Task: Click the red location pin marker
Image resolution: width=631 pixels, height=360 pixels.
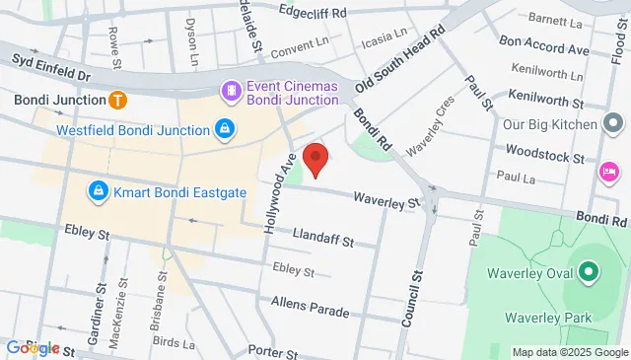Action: [315, 158]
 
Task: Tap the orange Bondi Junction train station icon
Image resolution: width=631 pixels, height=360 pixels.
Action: [117, 100]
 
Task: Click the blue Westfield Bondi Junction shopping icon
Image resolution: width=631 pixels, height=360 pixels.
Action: [225, 130]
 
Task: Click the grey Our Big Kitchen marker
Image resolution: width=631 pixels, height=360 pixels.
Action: [613, 125]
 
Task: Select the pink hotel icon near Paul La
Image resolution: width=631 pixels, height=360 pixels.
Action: [608, 173]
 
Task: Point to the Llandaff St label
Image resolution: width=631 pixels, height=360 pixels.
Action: [323, 235]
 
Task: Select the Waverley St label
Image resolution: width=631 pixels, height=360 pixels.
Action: [388, 201]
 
